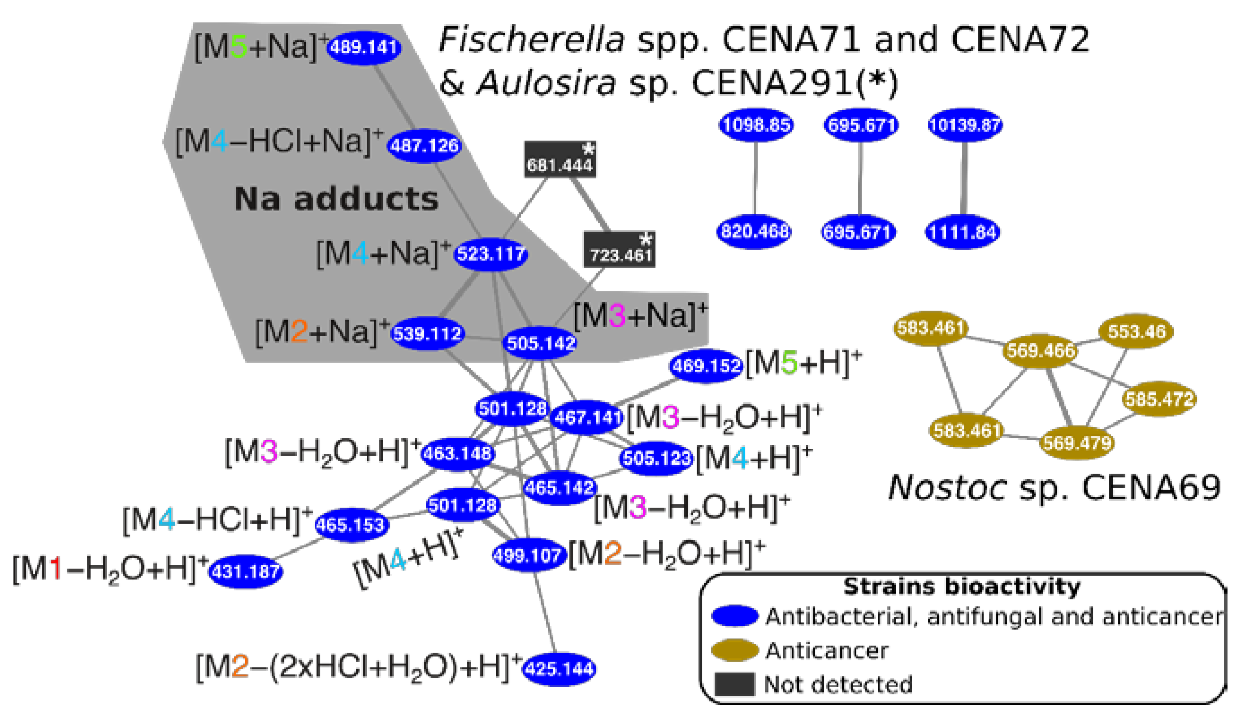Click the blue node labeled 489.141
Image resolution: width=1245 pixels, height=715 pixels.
tap(364, 47)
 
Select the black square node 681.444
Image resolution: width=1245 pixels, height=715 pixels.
tap(560, 160)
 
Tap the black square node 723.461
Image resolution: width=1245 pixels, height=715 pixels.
tap(619, 250)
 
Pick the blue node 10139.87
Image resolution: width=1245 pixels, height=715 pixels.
tap(964, 125)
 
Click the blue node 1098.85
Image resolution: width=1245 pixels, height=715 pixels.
tap(756, 125)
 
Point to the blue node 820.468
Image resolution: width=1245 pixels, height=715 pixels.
tap(755, 231)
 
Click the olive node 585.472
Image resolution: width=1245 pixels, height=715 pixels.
tap(1159, 399)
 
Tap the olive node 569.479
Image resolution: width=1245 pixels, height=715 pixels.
tap(1076, 443)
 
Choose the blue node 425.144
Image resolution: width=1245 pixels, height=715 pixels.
tap(559, 669)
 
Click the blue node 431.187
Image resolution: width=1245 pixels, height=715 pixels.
tap(246, 572)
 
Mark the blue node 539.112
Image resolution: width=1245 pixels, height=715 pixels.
tap(427, 334)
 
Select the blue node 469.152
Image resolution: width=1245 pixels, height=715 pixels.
tap(706, 365)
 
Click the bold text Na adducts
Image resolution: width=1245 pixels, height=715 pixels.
tap(336, 199)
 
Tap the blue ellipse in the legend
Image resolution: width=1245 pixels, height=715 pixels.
tap(735, 616)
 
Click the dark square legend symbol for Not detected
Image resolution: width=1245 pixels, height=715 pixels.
tap(734, 684)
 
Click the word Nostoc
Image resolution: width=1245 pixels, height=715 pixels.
tap(947, 488)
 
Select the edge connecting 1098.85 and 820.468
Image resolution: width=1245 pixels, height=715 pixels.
tap(755, 178)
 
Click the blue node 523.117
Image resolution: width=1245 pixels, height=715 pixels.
tap(490, 254)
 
